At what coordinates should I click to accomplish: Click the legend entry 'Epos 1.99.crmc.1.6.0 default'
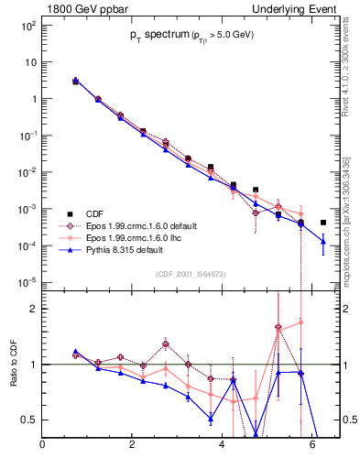[142, 224]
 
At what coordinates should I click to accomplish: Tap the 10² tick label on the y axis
[28, 26]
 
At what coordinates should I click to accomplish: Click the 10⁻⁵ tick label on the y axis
[28, 282]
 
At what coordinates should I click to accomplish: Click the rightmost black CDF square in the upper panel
[323, 223]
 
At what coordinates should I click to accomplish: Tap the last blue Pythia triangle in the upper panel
[323, 241]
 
